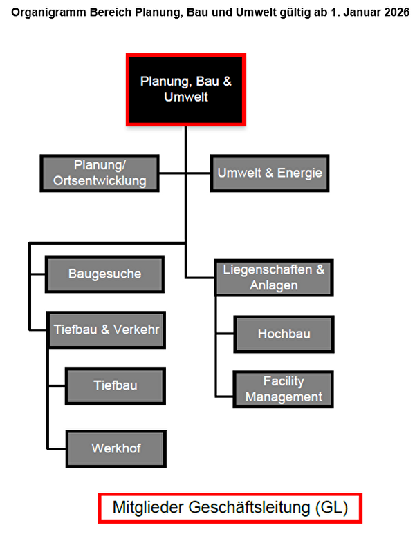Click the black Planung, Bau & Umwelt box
click(186, 89)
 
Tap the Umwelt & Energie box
click(270, 173)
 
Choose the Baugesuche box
click(104, 274)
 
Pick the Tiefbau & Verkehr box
click(106, 330)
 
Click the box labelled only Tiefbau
click(116, 385)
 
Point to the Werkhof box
click(116, 448)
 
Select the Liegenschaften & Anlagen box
click(273, 277)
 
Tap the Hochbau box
click(284, 334)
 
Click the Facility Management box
click(284, 389)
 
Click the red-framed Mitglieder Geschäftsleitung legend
click(230, 508)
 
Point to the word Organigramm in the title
click(44, 12)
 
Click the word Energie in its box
click(299, 173)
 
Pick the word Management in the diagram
click(284, 397)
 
